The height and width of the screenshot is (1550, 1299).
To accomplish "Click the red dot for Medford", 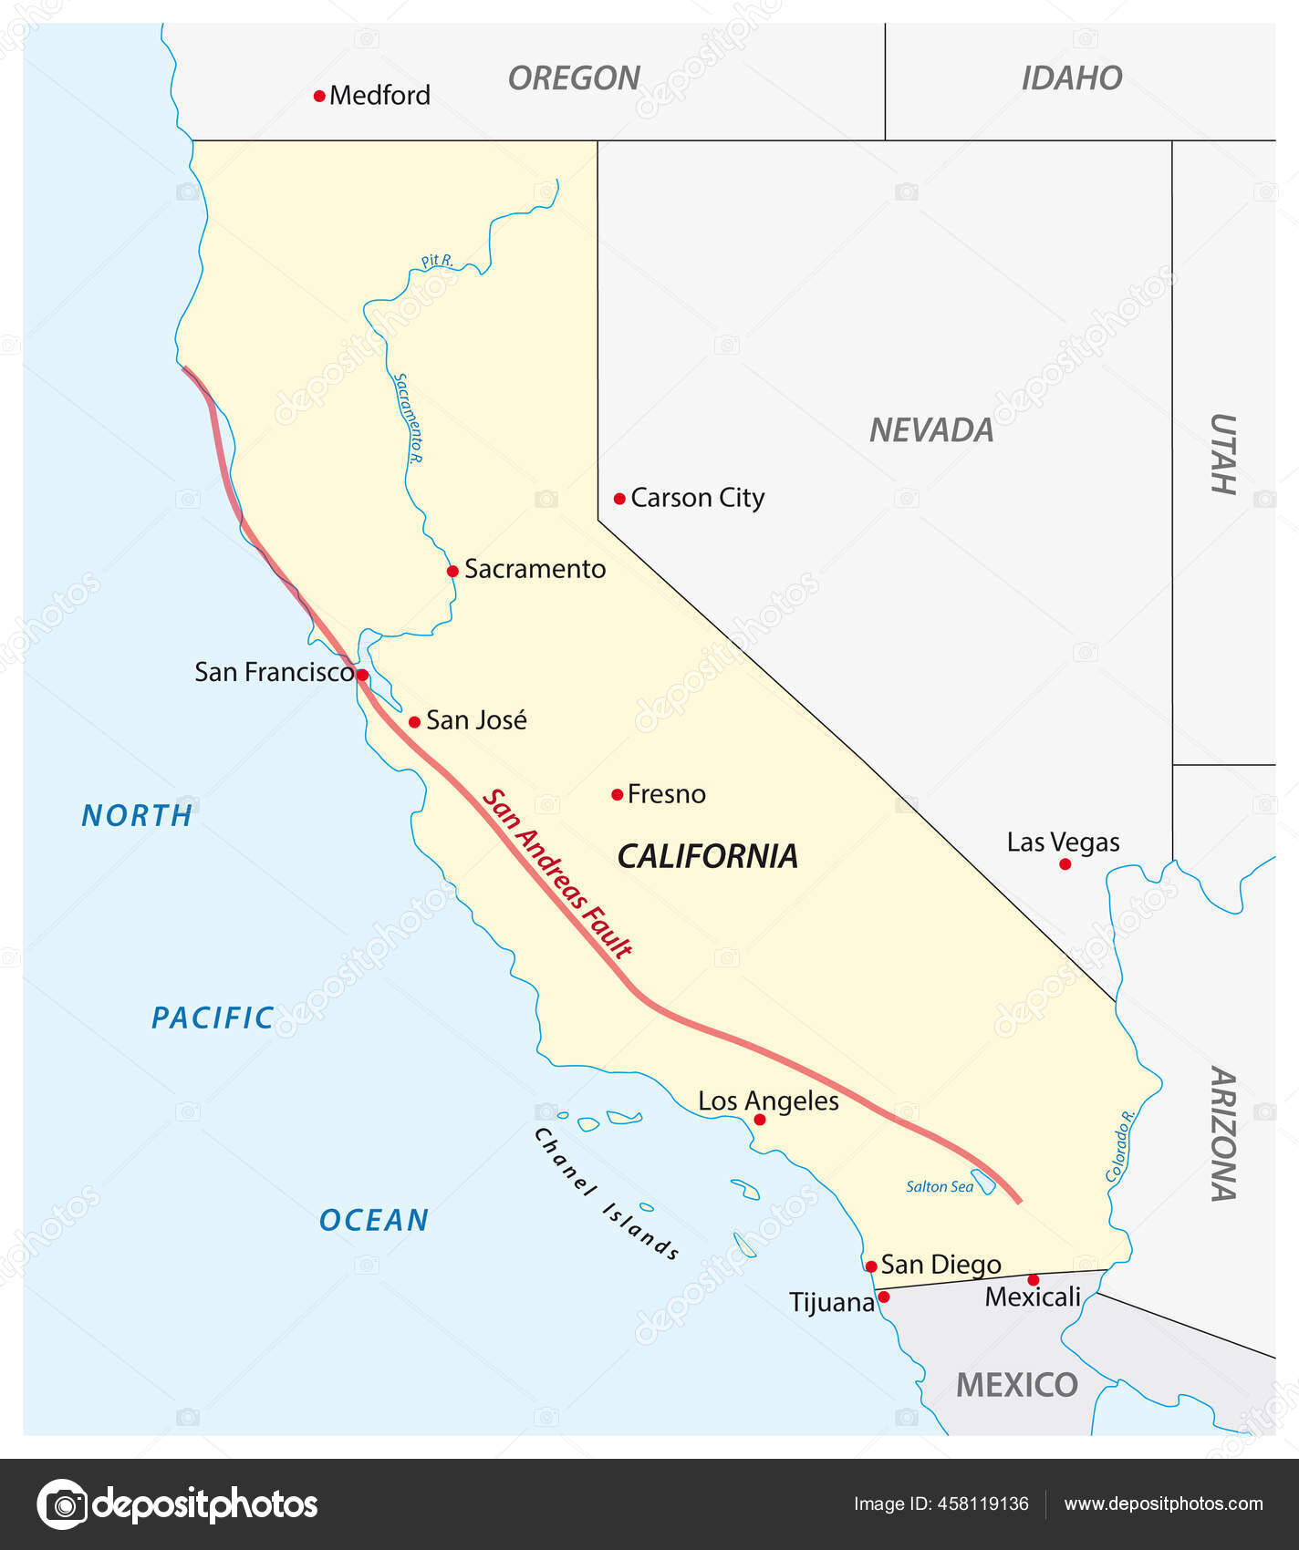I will [x=319, y=96].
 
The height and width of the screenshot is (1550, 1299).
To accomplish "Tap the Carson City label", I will [x=697, y=498].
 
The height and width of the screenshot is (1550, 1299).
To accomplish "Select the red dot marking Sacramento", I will [x=452, y=572].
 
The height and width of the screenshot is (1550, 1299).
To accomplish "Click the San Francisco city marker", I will [x=362, y=675].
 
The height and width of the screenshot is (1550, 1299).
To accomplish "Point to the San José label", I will [x=476, y=720].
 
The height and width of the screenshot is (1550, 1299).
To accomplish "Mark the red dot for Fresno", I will [x=618, y=795].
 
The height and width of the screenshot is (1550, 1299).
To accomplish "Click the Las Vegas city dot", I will [x=1065, y=863].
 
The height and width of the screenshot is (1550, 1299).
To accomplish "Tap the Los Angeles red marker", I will [x=760, y=1119].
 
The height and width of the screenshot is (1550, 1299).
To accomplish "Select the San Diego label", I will [x=940, y=1265].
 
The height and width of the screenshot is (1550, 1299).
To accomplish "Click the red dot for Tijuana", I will [x=883, y=1297].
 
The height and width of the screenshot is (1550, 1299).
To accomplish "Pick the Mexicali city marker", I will [x=1033, y=1280].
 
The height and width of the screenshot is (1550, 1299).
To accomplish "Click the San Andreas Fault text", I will [x=556, y=873].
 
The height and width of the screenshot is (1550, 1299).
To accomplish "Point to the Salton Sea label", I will [x=939, y=1186].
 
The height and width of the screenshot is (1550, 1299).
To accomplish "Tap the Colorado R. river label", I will [x=1120, y=1146].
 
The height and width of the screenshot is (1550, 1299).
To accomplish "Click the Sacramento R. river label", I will [x=408, y=418].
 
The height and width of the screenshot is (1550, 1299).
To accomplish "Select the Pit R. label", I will [x=437, y=262].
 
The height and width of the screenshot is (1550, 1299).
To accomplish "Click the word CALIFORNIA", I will [x=707, y=856].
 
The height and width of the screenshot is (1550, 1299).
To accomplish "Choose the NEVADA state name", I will [x=930, y=429].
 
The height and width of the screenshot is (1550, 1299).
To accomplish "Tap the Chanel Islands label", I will [x=606, y=1193].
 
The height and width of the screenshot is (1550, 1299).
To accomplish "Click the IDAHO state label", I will [x=1071, y=78].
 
